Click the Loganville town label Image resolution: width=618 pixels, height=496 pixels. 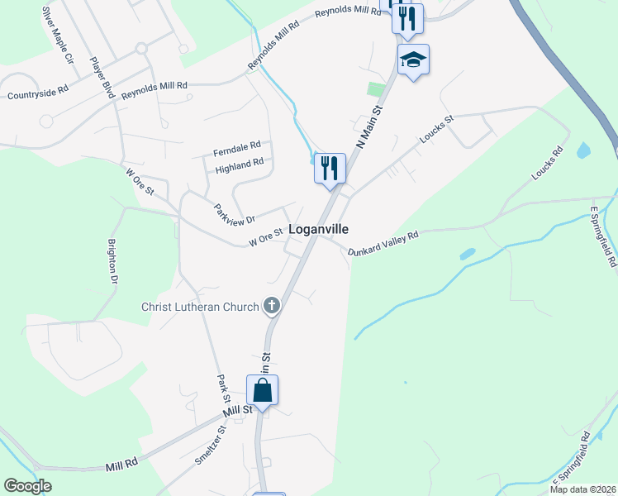point(318,229)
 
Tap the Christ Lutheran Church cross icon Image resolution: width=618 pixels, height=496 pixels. point(271,307)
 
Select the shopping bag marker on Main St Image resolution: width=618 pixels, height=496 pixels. point(262,390)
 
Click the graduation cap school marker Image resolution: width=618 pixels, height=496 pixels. point(413,60)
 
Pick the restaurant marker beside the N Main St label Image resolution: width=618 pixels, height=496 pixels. point(330,169)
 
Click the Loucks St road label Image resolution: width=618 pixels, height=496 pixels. point(436,130)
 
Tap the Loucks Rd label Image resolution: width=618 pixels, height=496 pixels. point(548,164)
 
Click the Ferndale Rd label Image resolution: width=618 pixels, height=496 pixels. point(236,150)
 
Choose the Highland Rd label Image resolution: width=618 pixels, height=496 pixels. point(239,167)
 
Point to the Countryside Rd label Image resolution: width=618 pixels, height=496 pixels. point(37,94)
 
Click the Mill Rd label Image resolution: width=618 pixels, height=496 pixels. point(121,466)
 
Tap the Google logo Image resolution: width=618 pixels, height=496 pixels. point(28,486)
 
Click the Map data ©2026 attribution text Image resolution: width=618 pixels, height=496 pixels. point(582,489)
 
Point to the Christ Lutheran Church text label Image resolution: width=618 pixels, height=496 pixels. point(200,308)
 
